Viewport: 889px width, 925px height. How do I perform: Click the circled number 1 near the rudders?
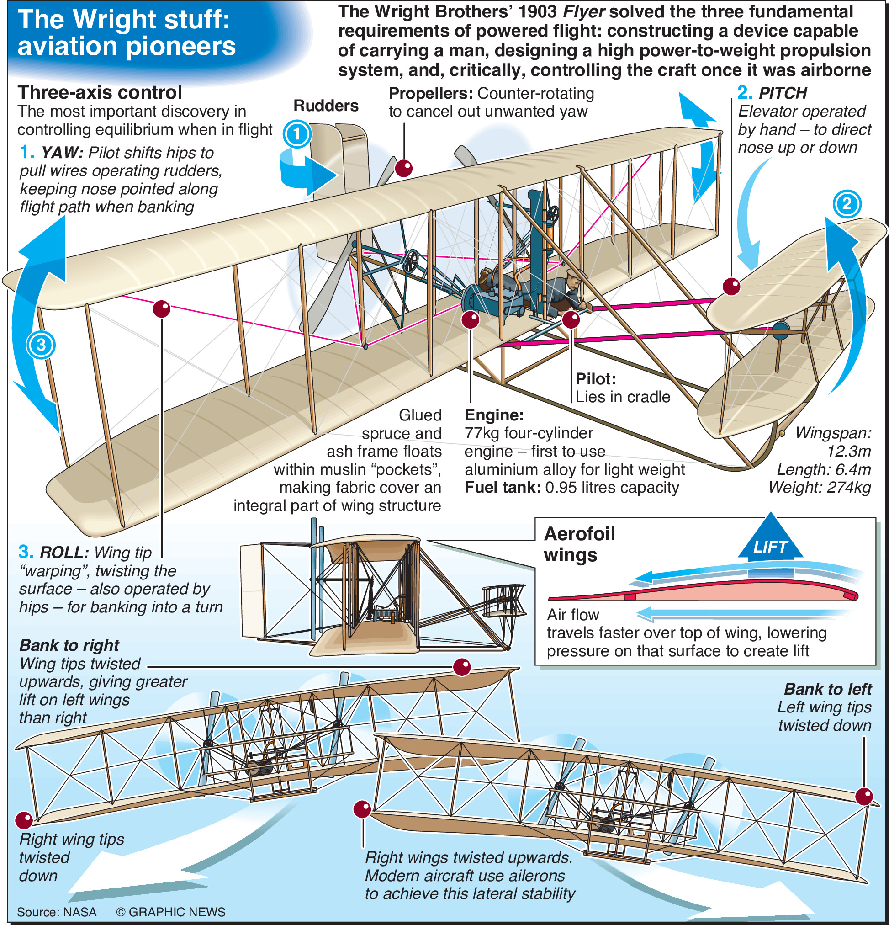coord(297,134)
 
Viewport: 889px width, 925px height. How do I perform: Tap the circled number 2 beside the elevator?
coord(847,204)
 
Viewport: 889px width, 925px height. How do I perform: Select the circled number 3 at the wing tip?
coord(41,345)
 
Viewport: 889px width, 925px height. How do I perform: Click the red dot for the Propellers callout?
coord(404,168)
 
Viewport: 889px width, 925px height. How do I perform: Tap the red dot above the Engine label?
coord(470,319)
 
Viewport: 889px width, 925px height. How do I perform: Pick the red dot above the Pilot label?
coord(571,319)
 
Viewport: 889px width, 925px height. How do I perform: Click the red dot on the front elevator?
coord(731,286)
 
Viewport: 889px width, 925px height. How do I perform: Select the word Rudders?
coord(326,106)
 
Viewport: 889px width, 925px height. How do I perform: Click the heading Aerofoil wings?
coord(579,544)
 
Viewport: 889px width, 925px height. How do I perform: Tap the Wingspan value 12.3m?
coord(848,451)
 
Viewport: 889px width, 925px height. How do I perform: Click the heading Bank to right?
coord(69,645)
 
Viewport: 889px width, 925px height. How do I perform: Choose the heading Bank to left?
coord(828,689)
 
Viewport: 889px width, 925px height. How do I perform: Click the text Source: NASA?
coord(57,912)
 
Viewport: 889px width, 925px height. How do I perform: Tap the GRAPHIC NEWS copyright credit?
coord(171,912)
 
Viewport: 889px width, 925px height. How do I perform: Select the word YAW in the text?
coord(62,153)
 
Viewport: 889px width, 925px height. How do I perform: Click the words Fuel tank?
coord(503,488)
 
